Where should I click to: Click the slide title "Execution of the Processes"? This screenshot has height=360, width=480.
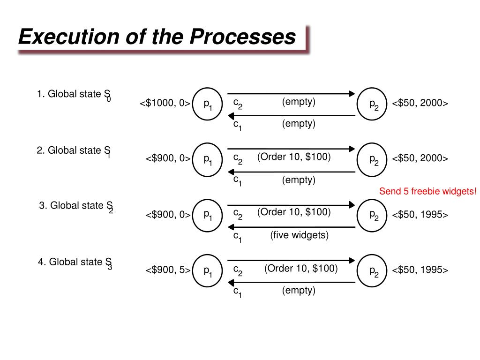[x=157, y=37]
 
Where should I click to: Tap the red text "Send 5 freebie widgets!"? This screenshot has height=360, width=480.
[x=427, y=191]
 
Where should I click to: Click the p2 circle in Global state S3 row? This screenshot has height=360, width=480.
[x=373, y=270]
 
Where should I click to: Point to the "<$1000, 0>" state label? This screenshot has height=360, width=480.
[x=165, y=103]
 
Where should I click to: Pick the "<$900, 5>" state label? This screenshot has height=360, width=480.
[x=167, y=270]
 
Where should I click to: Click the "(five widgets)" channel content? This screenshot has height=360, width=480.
[x=299, y=235]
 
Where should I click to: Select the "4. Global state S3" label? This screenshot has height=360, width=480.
[x=75, y=262]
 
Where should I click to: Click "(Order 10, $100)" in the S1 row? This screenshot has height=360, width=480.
[x=294, y=157]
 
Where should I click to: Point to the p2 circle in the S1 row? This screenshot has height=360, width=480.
[x=373, y=159]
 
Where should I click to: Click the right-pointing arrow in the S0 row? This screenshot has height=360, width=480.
[x=291, y=93]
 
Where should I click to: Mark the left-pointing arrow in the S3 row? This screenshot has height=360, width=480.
[x=291, y=282]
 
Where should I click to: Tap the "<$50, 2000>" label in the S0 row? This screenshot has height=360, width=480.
[x=420, y=103]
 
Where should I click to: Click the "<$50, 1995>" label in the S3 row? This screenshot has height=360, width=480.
[x=420, y=270]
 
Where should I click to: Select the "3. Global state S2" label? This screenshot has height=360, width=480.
[x=76, y=206]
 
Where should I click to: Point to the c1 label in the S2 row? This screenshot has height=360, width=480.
[x=237, y=237]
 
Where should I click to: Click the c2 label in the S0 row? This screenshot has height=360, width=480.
[x=238, y=104]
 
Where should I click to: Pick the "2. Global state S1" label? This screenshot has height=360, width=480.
[x=74, y=151]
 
